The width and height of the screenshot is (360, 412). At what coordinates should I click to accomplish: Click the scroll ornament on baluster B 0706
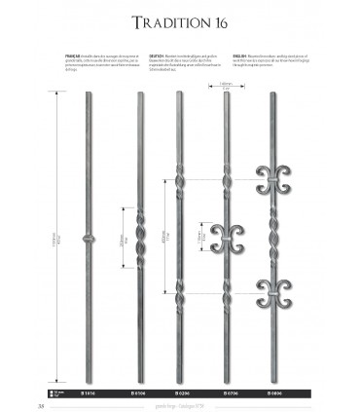[224, 236]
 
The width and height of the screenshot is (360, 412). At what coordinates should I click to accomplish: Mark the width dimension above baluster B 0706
[224, 86]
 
